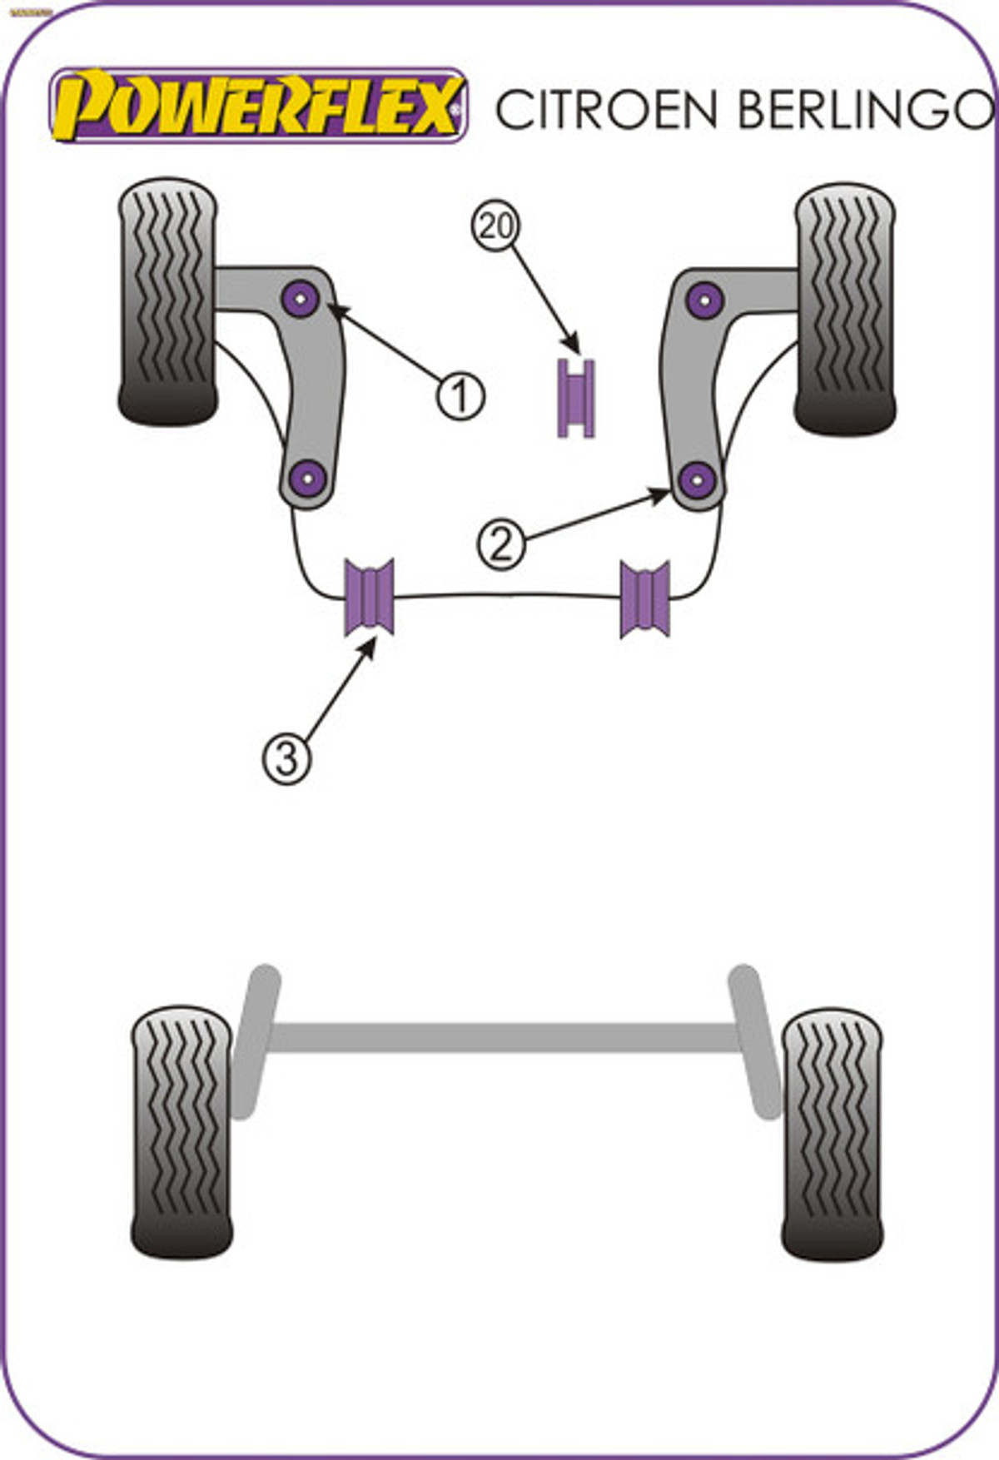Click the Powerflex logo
(x=258, y=106)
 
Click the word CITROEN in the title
(x=606, y=109)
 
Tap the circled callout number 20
(x=495, y=226)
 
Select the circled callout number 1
(x=460, y=395)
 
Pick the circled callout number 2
(x=501, y=545)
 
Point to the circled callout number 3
(x=287, y=758)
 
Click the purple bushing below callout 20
(x=575, y=398)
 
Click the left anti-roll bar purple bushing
(x=370, y=597)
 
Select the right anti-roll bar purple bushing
(x=645, y=598)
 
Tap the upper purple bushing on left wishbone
(x=301, y=298)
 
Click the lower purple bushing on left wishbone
(x=309, y=478)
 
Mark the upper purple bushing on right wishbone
(x=705, y=300)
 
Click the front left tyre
(x=167, y=301)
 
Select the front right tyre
(x=844, y=308)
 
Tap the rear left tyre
(x=181, y=1132)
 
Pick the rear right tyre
(x=832, y=1134)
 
